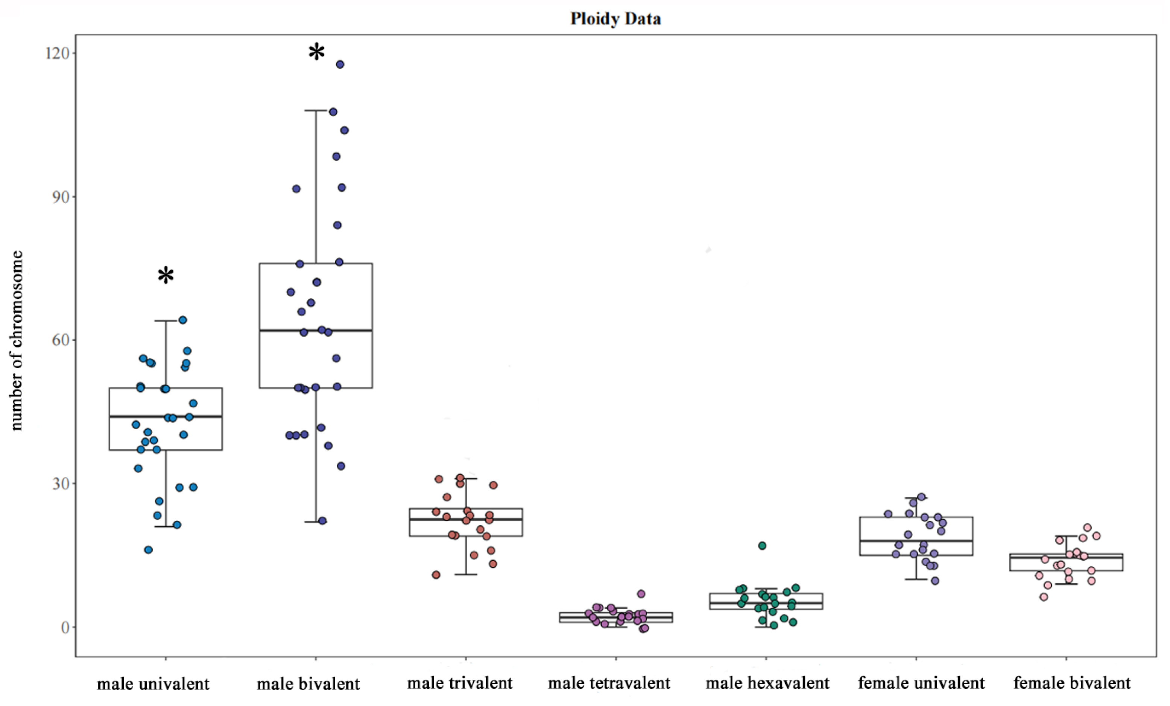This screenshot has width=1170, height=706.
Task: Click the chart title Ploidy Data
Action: click(x=615, y=18)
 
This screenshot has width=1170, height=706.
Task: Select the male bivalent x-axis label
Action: click(x=308, y=684)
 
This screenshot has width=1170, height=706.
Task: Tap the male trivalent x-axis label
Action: click(x=460, y=683)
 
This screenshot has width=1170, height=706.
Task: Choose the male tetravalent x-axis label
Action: click(x=609, y=683)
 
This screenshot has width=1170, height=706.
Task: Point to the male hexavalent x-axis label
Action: click(x=767, y=683)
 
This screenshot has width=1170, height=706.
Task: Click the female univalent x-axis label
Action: click(x=921, y=683)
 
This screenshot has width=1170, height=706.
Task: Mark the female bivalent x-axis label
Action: click(x=1072, y=683)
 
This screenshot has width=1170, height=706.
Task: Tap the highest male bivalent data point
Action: click(x=340, y=64)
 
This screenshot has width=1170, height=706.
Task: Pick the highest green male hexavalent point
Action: click(x=762, y=546)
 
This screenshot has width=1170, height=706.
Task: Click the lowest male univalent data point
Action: click(x=148, y=550)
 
